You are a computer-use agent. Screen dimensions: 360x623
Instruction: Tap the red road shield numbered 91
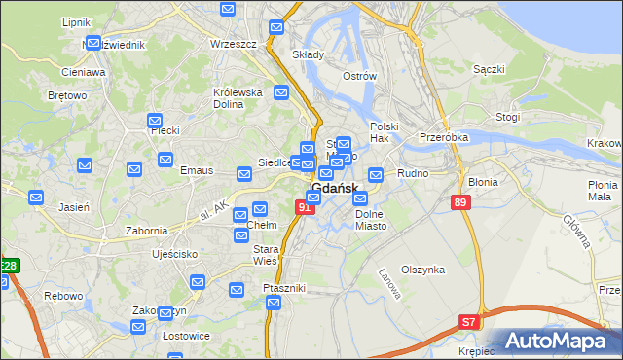point(306,207)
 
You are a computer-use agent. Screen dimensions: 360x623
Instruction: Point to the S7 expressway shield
point(469,322)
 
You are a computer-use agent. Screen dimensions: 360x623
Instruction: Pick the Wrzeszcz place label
point(233,45)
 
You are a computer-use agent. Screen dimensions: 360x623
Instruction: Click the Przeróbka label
point(444,137)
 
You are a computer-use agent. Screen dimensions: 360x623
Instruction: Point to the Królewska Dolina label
point(238,98)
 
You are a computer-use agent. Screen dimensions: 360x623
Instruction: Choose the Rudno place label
point(414,174)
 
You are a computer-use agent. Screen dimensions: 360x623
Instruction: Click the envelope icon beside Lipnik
point(94,43)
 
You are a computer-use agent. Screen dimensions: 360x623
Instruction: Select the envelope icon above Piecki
point(155,121)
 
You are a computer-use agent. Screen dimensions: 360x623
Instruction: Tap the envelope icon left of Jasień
point(36,198)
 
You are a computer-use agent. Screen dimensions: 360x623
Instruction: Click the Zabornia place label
point(147,231)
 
